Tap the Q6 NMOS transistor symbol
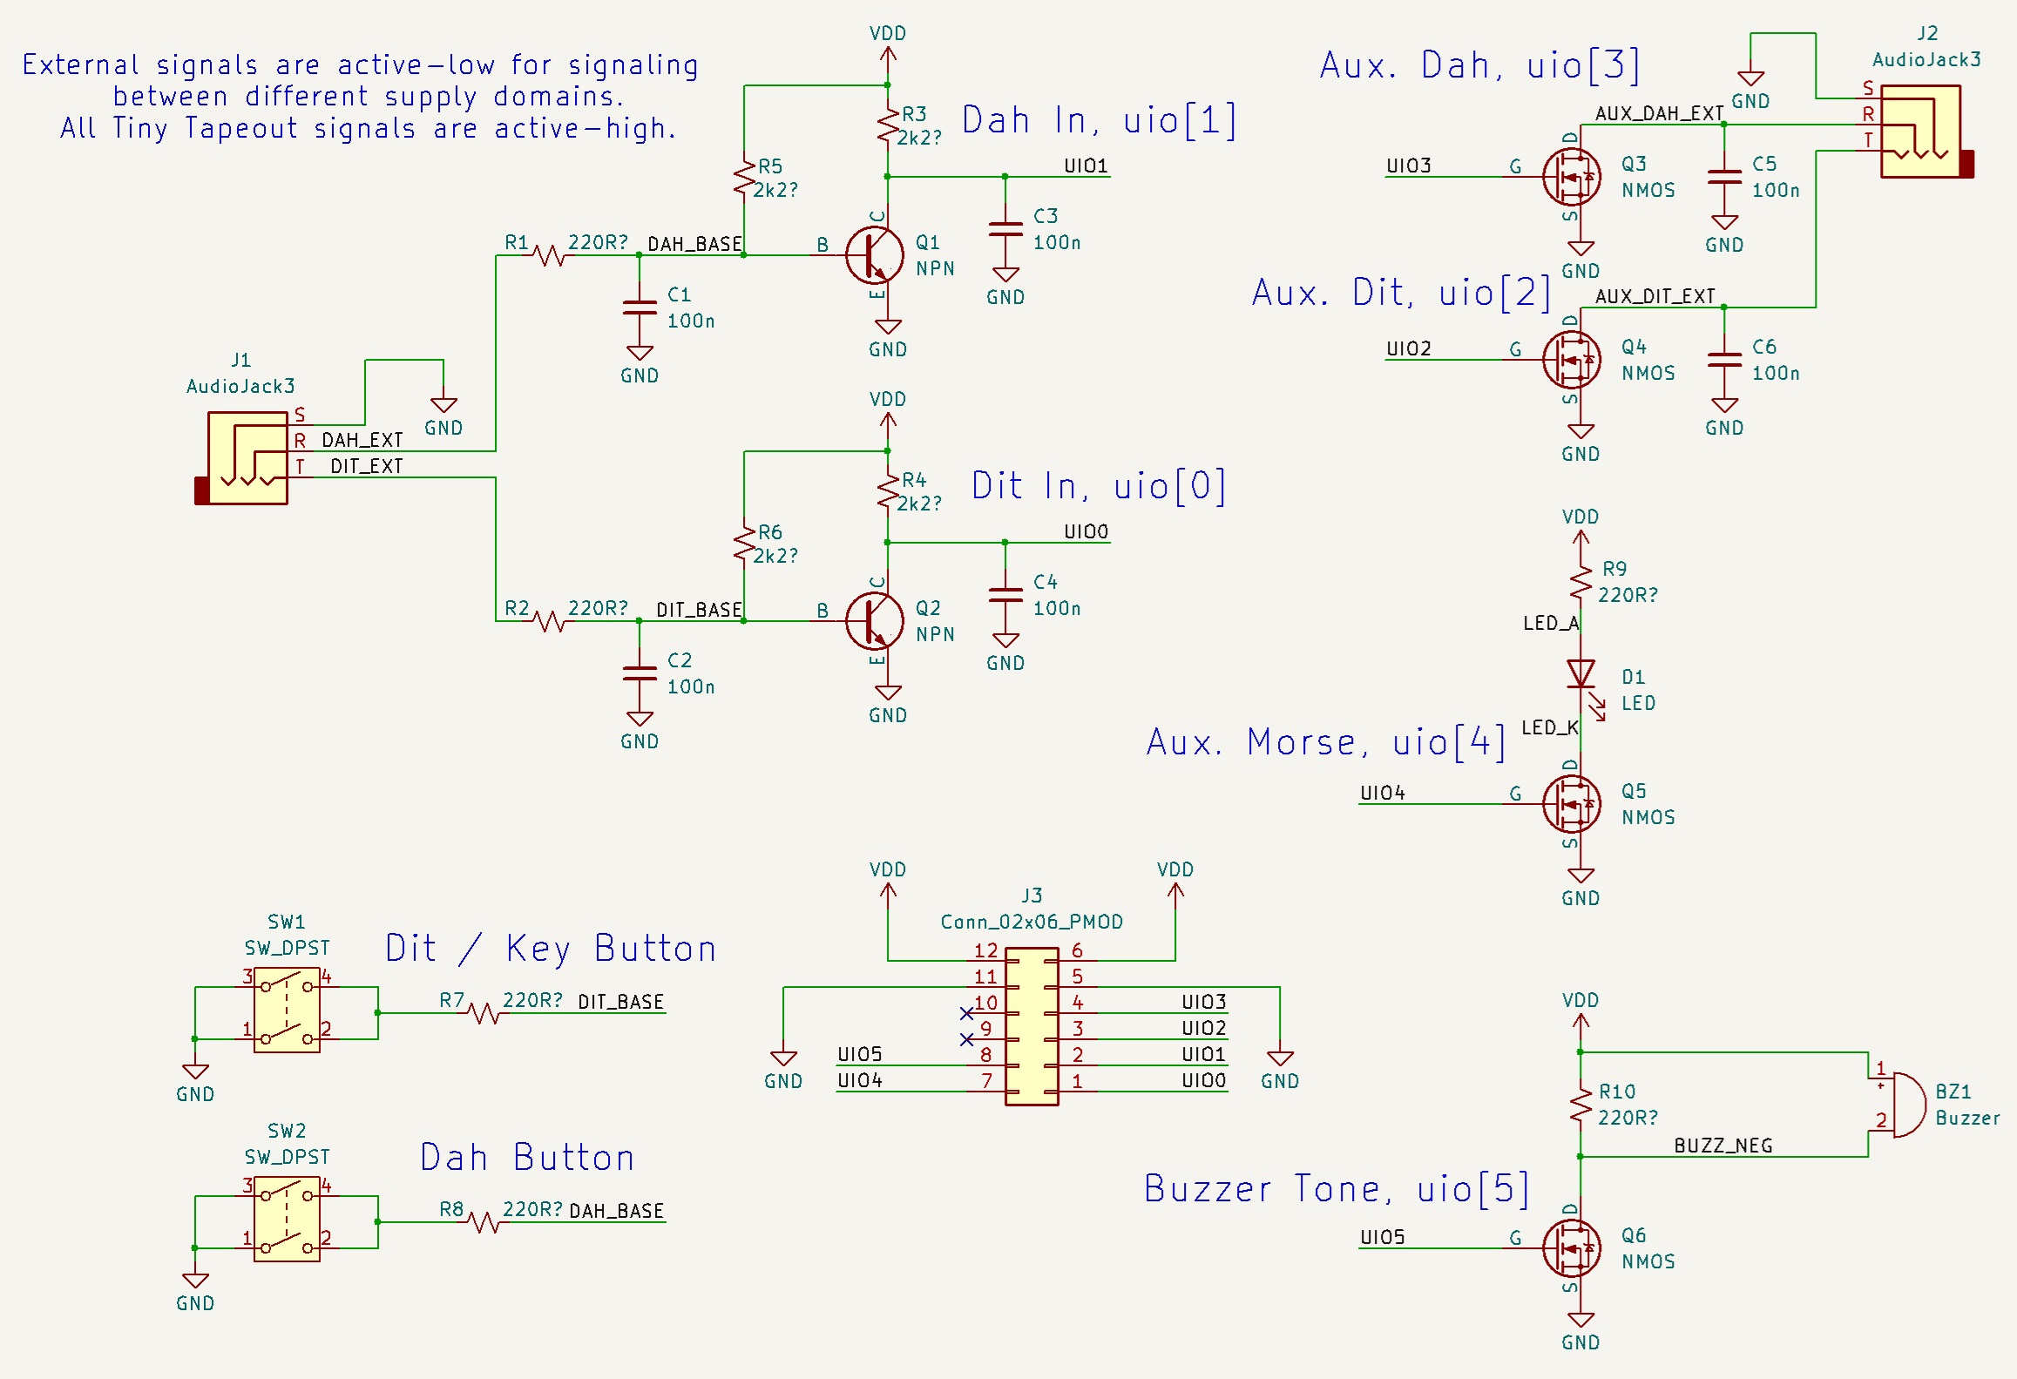[x=1571, y=1248]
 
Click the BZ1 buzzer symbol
[x=1899, y=1105]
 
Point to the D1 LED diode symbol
[x=1580, y=674]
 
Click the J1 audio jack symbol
[x=247, y=457]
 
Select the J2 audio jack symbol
[x=1920, y=131]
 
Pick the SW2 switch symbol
[x=287, y=1220]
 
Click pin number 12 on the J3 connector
[x=985, y=950]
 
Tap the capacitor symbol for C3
[x=1005, y=229]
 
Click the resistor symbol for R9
[x=1580, y=581]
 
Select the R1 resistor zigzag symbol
[x=549, y=255]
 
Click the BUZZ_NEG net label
[x=1723, y=1146]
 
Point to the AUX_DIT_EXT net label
[x=1655, y=296]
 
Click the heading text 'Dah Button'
[x=527, y=1158]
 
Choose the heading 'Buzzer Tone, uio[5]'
[x=1336, y=1189]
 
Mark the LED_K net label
[x=1549, y=727]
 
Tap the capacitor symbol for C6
[x=1723, y=360]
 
